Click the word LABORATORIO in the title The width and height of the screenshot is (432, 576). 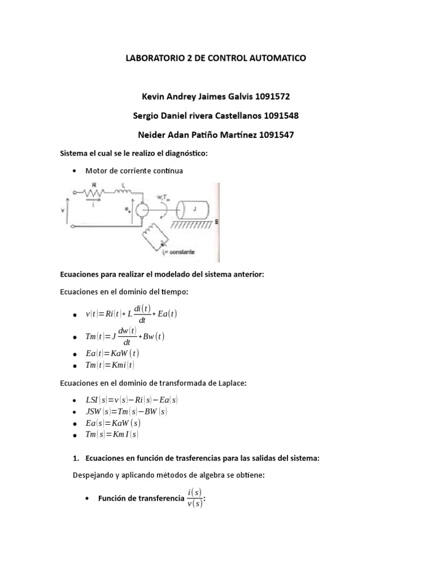tap(157, 58)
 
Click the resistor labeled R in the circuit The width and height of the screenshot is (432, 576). tap(93, 193)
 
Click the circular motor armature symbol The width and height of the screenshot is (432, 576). tap(141, 212)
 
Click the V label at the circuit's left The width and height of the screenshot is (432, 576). tap(62, 211)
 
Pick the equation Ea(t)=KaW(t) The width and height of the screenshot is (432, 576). tap(112, 353)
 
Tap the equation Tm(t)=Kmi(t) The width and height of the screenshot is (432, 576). tap(110, 364)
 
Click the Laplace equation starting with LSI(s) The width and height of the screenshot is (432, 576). tap(131, 400)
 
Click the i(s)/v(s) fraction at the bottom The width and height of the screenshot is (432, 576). tap(195, 497)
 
